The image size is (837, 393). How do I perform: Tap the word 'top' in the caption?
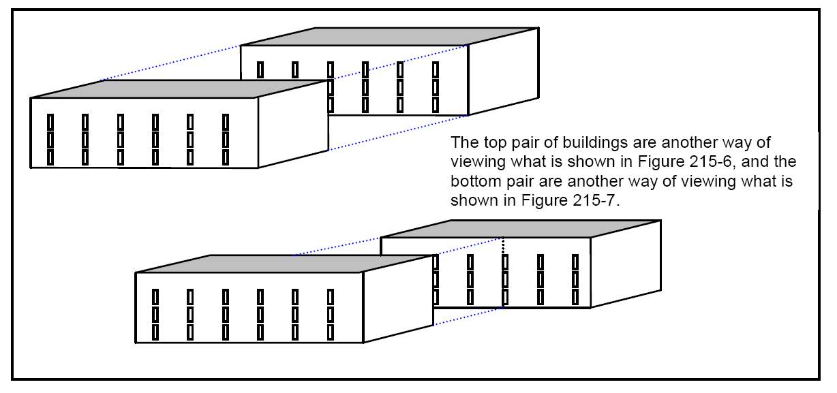click(x=489, y=144)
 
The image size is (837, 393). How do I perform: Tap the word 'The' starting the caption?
click(x=463, y=144)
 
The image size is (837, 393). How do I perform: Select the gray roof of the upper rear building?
click(x=389, y=37)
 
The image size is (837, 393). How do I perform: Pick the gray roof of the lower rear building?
click(x=518, y=229)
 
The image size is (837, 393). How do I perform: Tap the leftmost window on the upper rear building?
click(x=260, y=69)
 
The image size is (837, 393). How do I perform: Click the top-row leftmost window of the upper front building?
click(x=50, y=122)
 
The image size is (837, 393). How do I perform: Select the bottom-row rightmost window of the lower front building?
click(x=331, y=332)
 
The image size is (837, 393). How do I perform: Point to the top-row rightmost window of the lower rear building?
click(x=575, y=262)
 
